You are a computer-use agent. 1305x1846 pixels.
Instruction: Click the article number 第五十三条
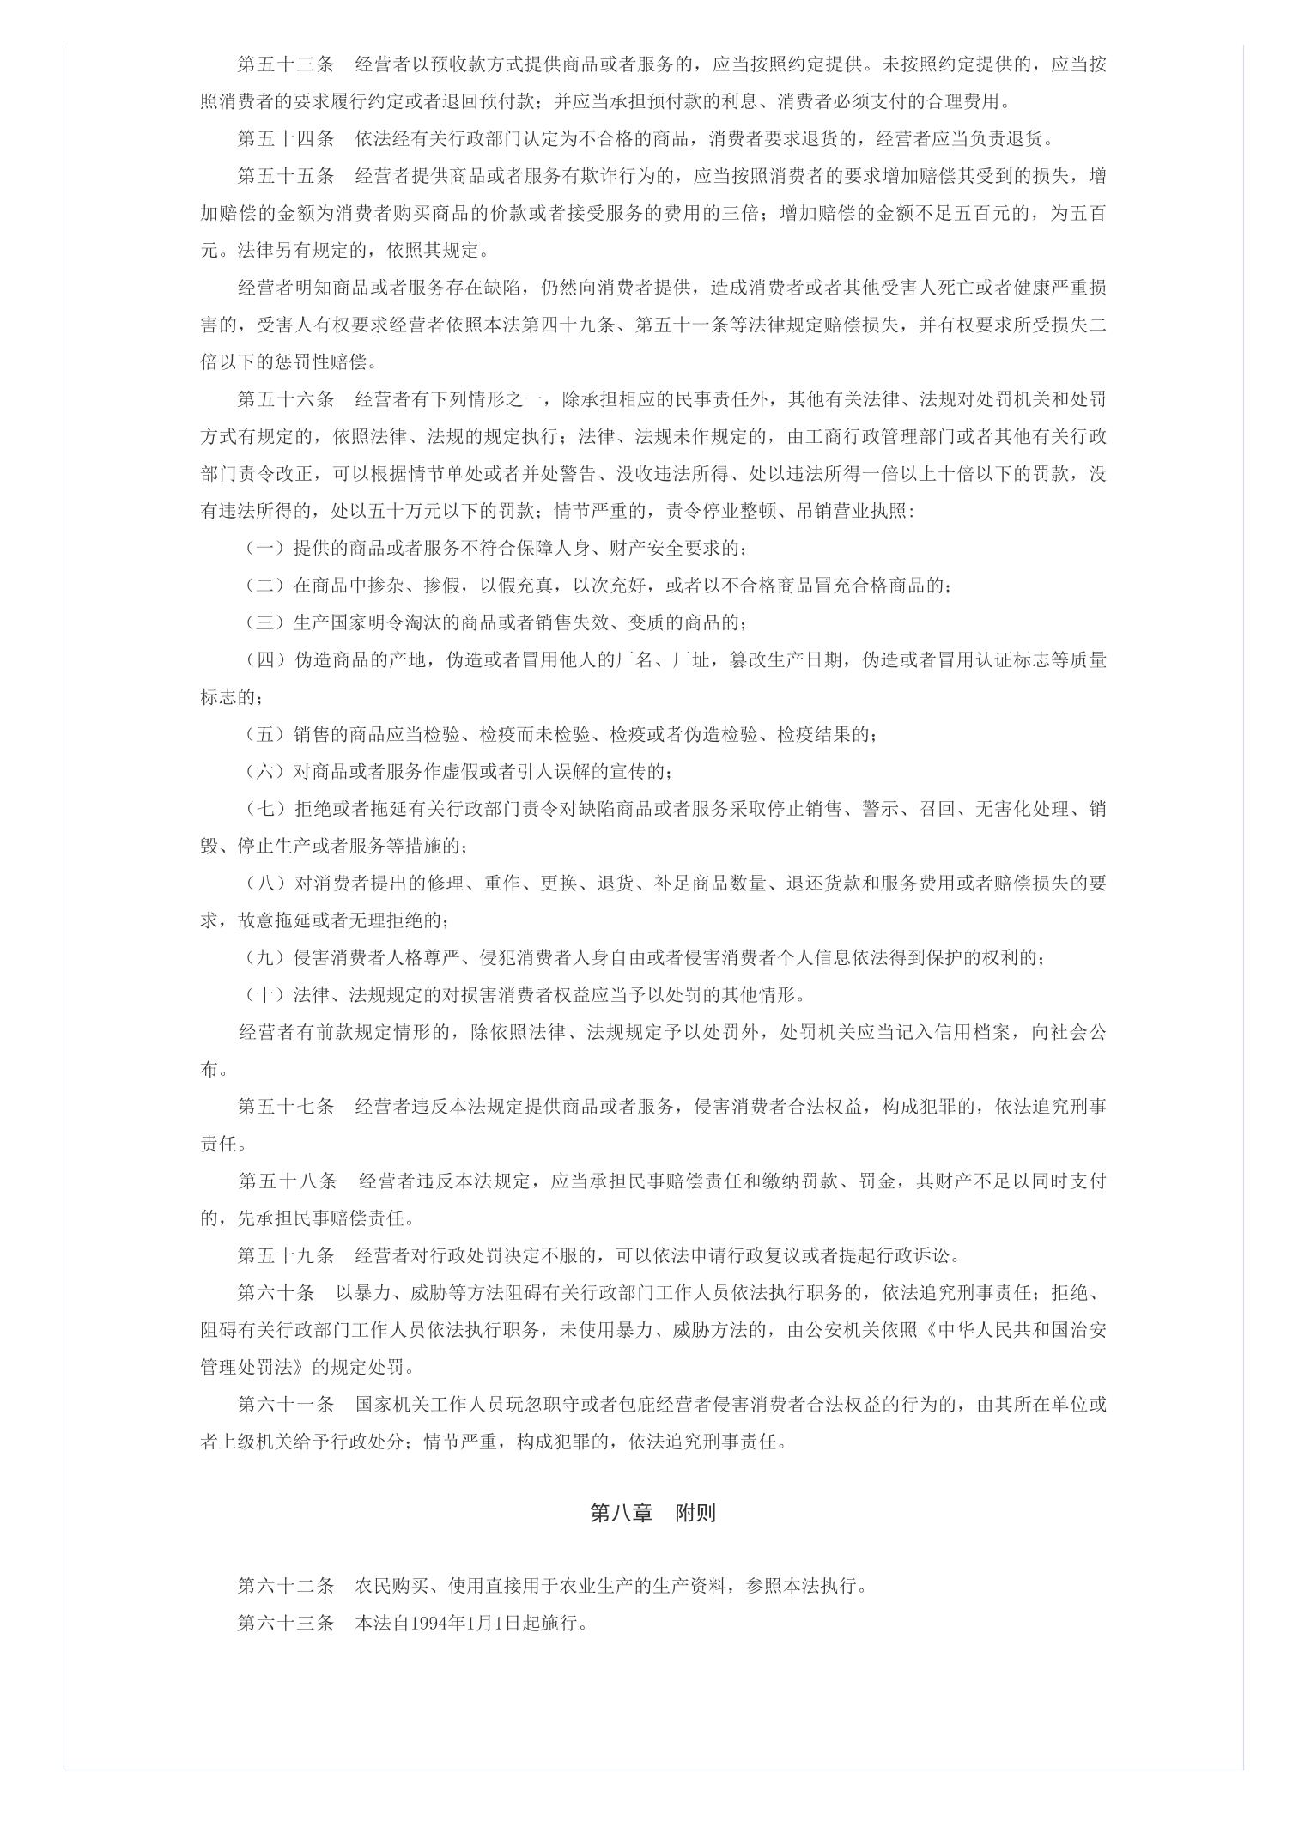click(x=286, y=64)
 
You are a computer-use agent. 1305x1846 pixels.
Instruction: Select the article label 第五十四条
click(x=286, y=139)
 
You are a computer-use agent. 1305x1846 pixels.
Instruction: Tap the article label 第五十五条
click(x=286, y=176)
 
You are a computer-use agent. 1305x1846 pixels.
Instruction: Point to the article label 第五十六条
click(x=286, y=399)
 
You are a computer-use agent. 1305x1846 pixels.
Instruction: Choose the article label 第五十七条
click(x=286, y=1107)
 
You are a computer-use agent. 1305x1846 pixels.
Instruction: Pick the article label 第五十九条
click(x=286, y=1255)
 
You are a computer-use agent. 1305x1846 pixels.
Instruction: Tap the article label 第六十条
click(x=276, y=1293)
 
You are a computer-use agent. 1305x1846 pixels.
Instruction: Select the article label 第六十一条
click(x=286, y=1405)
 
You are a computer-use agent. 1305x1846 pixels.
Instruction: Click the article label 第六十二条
click(x=286, y=1586)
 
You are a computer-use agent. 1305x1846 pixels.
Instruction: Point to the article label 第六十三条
click(x=286, y=1624)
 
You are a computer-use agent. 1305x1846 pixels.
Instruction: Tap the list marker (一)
click(x=265, y=548)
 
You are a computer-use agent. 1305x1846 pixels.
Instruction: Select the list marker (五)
click(x=265, y=734)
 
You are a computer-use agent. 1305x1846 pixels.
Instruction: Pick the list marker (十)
click(x=265, y=995)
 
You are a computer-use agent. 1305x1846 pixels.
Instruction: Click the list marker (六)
click(x=265, y=771)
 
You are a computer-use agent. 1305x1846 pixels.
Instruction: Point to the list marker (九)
click(x=265, y=957)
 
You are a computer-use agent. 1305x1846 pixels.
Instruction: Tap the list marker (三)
click(x=265, y=622)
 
